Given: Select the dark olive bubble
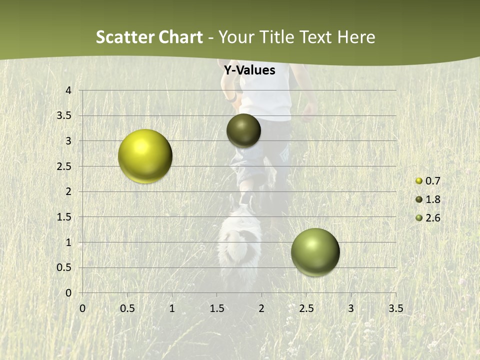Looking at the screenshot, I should pos(243,130).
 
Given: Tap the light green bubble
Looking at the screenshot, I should pos(315,252).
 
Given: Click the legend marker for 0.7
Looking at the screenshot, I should pos(419,181).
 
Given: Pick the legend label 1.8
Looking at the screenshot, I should pos(432,199).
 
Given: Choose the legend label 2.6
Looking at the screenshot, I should pos(432,218).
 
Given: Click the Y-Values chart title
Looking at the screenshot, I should pos(249,70).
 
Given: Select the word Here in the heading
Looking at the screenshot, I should pos(356,37).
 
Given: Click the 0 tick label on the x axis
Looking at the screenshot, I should pos(83,308).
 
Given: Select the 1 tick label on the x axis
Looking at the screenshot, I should pos(172,308).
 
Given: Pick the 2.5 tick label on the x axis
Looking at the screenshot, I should pos(306,308).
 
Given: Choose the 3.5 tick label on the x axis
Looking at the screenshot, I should pos(395,308).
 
